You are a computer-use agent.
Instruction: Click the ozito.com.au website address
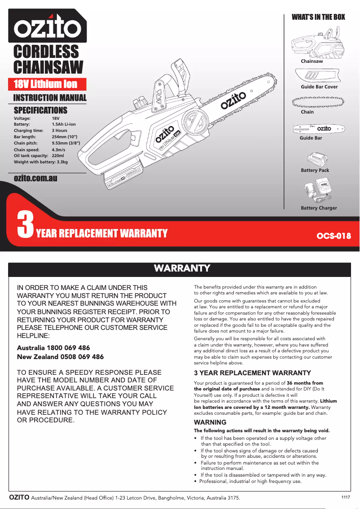(x=35, y=178)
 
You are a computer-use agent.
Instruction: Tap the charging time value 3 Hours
(x=60, y=130)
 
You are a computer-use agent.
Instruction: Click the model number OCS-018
(x=333, y=236)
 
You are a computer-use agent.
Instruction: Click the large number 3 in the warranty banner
(x=25, y=225)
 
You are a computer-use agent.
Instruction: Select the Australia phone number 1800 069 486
(x=67, y=348)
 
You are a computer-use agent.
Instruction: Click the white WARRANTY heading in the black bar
(x=182, y=268)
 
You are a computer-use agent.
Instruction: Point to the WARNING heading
(x=210, y=422)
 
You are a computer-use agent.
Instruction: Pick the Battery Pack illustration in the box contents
(x=317, y=159)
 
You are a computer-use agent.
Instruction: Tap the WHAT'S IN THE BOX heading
(x=318, y=17)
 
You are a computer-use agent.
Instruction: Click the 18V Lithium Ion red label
(x=46, y=84)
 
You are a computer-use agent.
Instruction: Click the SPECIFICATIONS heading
(x=40, y=110)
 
